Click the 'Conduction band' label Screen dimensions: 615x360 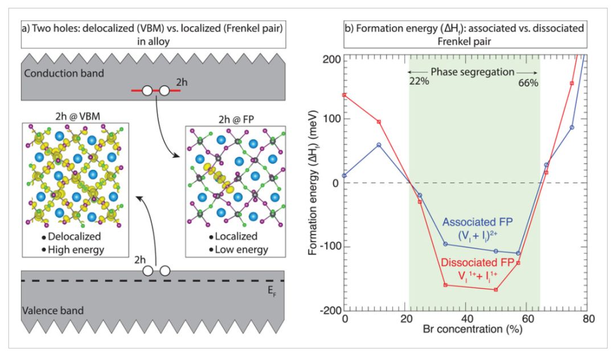click(x=64, y=73)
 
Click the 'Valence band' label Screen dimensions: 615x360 click(x=53, y=310)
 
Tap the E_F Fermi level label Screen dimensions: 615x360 click(x=272, y=291)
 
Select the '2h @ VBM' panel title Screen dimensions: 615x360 click(x=77, y=116)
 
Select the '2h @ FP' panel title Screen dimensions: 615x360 click(x=236, y=119)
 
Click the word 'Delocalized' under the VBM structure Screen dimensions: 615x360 click(x=74, y=236)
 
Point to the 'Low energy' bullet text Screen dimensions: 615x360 click(x=241, y=250)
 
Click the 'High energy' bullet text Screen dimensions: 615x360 click(x=76, y=250)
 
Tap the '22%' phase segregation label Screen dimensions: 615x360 click(x=419, y=81)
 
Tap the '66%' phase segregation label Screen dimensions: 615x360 click(x=528, y=83)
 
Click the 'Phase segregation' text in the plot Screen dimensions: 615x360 click(x=472, y=72)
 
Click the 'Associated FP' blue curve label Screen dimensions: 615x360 click(x=477, y=222)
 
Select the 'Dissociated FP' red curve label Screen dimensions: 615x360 click(x=477, y=263)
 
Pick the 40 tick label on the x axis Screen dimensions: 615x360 click(x=466, y=319)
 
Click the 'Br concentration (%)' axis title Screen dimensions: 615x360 click(x=472, y=329)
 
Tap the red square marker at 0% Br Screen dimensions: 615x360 click(x=345, y=95)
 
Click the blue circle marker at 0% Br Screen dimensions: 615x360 click(x=345, y=175)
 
